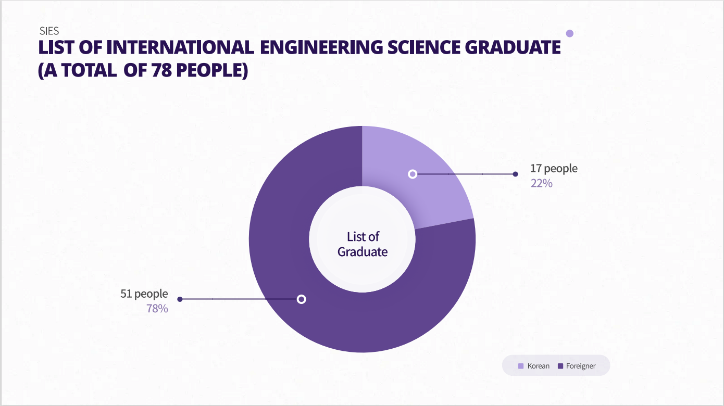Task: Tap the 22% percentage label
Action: [x=541, y=183]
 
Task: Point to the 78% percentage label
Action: [x=157, y=309]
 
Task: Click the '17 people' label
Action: [x=554, y=169]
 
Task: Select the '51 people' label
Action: [x=144, y=294]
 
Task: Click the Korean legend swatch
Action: [x=521, y=366]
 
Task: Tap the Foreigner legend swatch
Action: [x=560, y=366]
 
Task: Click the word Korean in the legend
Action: [x=538, y=366]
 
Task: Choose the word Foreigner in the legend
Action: [x=580, y=366]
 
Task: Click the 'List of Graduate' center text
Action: [x=363, y=244]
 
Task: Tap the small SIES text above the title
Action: [x=49, y=31]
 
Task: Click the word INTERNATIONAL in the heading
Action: [x=180, y=47]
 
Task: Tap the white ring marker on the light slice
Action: [x=413, y=174]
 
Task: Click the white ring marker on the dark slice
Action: [x=301, y=299]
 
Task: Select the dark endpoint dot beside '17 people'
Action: [x=515, y=174]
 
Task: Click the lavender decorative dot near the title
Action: [x=569, y=33]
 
